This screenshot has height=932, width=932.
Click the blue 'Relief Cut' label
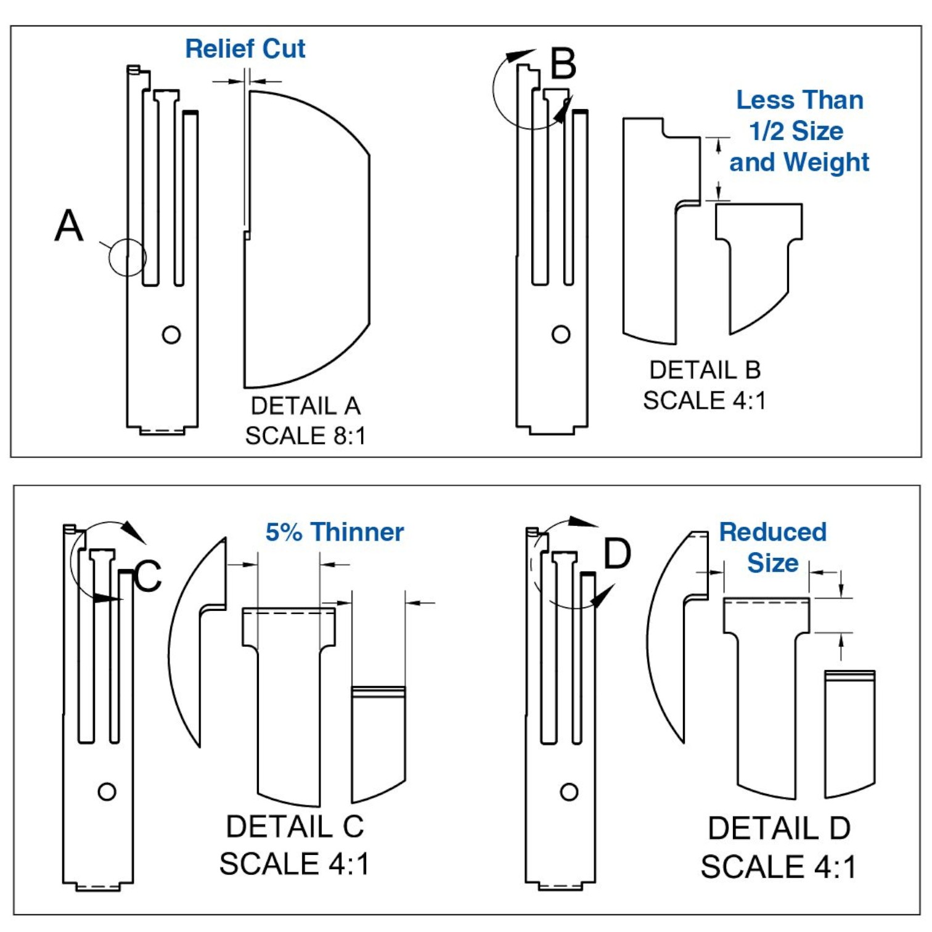(x=245, y=49)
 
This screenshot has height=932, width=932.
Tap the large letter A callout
(x=68, y=226)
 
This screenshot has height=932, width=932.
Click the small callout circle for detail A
(x=128, y=257)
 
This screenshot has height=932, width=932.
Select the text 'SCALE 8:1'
(x=306, y=436)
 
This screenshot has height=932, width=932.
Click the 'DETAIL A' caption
(x=306, y=406)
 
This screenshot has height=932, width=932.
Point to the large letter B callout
(x=563, y=64)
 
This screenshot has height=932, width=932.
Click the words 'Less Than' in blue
(x=799, y=100)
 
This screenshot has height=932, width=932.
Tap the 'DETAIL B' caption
(x=705, y=370)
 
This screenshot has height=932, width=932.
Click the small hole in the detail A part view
(x=171, y=335)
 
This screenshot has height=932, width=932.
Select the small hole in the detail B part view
(x=561, y=335)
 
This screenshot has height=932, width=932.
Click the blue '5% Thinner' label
(x=335, y=532)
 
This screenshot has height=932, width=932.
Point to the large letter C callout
(x=147, y=576)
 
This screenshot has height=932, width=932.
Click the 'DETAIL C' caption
(x=295, y=827)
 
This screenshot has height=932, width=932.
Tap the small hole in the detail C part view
(x=107, y=791)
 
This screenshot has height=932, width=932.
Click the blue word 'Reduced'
(x=773, y=532)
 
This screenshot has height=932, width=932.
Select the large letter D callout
(x=618, y=554)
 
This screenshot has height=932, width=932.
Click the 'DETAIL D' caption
(x=779, y=828)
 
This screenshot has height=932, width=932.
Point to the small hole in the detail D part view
(x=569, y=792)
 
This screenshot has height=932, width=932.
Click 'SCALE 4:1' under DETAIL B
(x=705, y=401)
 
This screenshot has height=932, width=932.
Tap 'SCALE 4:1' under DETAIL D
(x=779, y=867)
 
